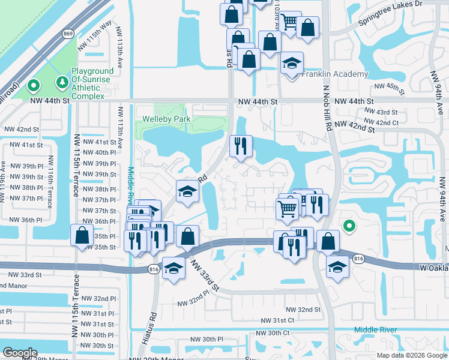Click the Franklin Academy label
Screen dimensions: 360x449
pyautogui.click(x=334, y=74)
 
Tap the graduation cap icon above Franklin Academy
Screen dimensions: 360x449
pyautogui.click(x=292, y=64)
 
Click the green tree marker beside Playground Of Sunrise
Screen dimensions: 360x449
pyautogui.click(x=61, y=81)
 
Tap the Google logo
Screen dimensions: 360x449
pyautogui.click(x=20, y=353)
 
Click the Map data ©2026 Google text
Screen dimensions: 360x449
pyautogui.click(x=411, y=355)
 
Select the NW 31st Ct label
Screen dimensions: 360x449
pyautogui.click(x=277, y=321)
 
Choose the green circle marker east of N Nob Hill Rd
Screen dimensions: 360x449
pyautogui.click(x=349, y=226)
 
